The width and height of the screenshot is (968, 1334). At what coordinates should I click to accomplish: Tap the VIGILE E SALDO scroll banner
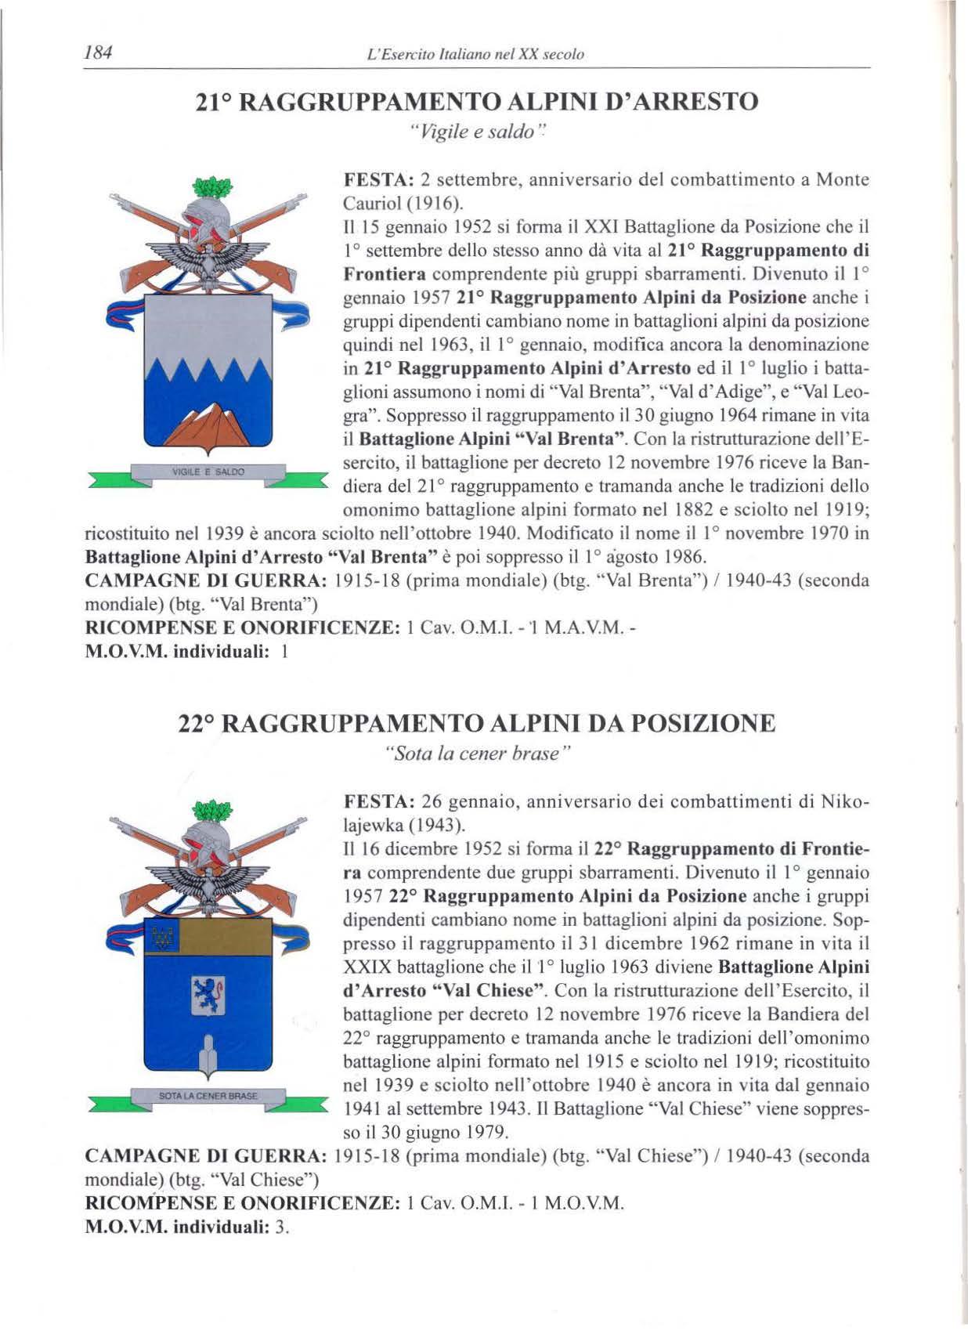pyautogui.click(x=208, y=472)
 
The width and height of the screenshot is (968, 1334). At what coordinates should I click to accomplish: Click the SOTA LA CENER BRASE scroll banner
pyautogui.click(x=208, y=1094)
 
